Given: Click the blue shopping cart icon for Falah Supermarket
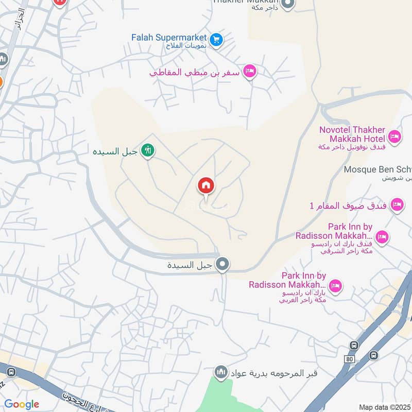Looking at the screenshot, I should pos(217,40).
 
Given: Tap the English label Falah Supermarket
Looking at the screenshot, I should pos(169,38).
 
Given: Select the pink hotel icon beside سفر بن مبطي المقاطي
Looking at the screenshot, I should pos(250,71).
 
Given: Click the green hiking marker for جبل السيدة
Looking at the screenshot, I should pos(148,151).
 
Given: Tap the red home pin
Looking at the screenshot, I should pos(206,186).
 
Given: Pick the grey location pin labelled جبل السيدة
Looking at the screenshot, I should pos(222,265).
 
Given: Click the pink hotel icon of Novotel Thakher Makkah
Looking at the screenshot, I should pos(394,137).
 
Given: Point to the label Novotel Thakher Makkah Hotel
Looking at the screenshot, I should pos(352,134).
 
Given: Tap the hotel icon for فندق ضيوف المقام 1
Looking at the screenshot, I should pos(397,205).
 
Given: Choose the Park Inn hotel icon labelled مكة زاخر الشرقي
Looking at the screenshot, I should pos(382,237).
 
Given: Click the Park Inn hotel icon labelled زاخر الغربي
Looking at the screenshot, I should pos(335,286).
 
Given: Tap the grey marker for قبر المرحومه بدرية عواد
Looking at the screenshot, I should pos(221,372).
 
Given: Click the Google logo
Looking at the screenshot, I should pos(22,404).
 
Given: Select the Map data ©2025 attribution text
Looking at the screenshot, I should pos(385,407).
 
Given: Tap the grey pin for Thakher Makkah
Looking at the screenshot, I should pos(288,4).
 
